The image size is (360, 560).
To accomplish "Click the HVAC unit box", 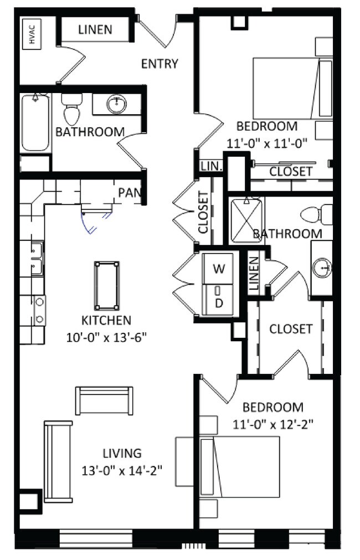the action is [32, 34].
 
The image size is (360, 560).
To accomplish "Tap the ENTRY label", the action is [160, 64].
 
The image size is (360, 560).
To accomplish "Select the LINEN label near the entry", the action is [95, 29].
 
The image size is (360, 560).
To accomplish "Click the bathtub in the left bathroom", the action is [35, 122].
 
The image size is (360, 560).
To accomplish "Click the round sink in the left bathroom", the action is [116, 104].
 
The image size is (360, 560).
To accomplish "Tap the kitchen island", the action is [107, 286].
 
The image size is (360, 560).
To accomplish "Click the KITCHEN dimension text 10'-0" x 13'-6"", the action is [106, 337].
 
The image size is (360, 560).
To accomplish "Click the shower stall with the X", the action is [246, 220].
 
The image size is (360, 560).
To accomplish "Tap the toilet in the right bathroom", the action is [316, 215].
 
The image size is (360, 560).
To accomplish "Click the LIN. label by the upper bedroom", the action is [212, 166].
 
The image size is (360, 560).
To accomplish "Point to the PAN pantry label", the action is [130, 193].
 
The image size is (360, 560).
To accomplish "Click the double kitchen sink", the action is [37, 258].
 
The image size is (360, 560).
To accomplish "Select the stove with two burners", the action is [39, 310].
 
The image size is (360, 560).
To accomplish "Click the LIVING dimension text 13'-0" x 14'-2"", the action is [122, 471].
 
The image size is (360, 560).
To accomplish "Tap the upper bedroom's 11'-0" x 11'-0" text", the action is [267, 143].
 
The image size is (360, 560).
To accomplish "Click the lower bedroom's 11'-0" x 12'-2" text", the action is [273, 425].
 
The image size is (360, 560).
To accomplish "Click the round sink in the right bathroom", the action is [322, 267].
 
